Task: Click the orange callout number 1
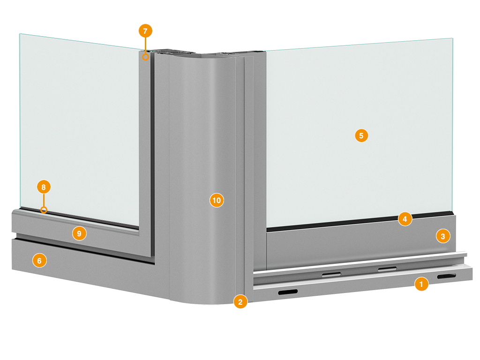coord(421,284)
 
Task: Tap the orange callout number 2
coord(240,302)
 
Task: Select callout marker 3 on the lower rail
coord(443,236)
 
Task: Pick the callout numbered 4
coord(405,219)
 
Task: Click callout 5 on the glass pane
coord(361,135)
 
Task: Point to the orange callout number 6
coord(39,261)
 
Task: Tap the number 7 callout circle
coord(145,31)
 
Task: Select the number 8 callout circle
coord(44,187)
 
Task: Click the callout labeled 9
coord(79,233)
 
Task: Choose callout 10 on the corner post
coord(217,200)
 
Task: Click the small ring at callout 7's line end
coord(145,57)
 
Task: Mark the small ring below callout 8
coord(44,210)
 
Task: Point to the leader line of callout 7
coord(145,46)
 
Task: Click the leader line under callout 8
coord(44,201)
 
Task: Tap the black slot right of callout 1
coord(446,277)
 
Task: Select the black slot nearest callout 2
coord(288,292)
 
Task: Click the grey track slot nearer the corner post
coord(331,274)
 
